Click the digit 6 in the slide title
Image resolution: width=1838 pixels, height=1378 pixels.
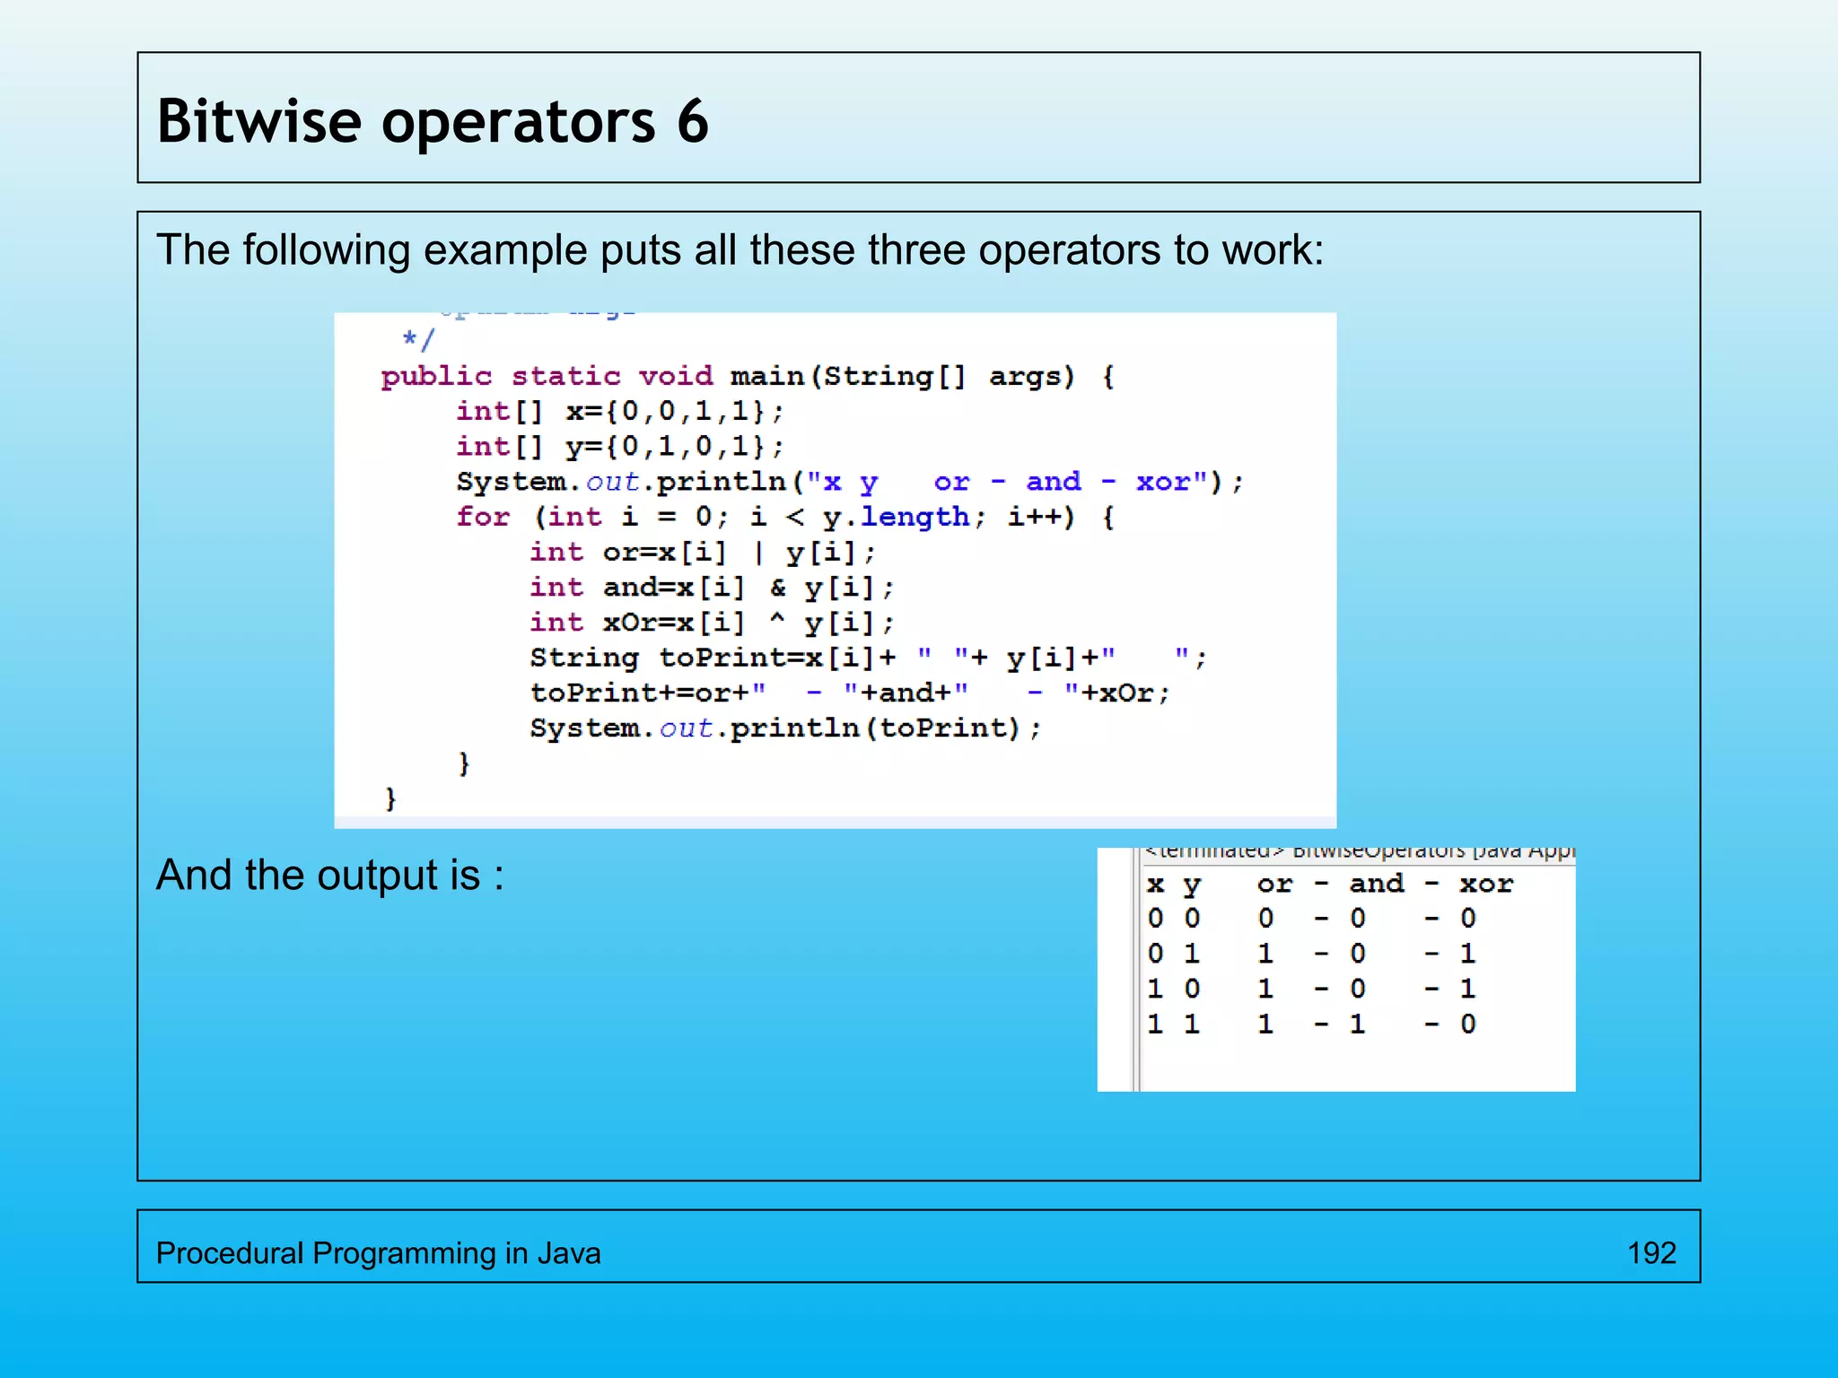[693, 121]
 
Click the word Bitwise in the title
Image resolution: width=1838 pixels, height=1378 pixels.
[258, 121]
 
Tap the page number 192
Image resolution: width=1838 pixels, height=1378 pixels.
[1651, 1252]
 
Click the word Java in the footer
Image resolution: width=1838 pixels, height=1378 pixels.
[569, 1252]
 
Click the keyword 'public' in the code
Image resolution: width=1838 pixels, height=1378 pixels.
[436, 376]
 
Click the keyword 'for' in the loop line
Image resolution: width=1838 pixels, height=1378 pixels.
[483, 517]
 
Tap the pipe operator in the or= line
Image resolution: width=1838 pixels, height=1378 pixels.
[759, 553]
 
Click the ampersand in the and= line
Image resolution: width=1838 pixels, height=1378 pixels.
[777, 588]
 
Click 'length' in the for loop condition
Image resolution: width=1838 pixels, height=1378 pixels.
[915, 517]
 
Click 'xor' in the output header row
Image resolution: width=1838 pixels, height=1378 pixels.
[1486, 885]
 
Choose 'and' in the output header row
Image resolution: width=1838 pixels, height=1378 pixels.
[1377, 885]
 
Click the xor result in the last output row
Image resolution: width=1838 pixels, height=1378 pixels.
[1468, 1024]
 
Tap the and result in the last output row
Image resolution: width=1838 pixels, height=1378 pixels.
[1358, 1024]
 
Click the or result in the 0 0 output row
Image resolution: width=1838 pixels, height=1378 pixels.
[1266, 919]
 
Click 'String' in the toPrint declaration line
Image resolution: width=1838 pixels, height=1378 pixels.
[584, 658]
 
